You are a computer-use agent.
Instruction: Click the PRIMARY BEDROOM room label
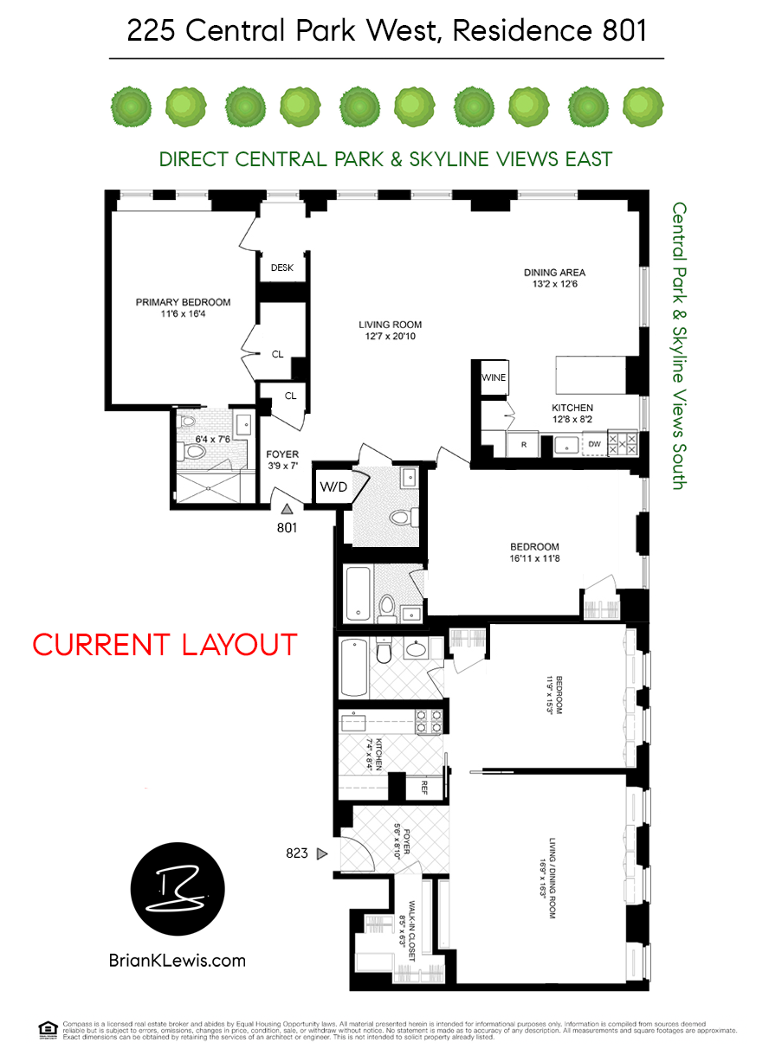coord(183,308)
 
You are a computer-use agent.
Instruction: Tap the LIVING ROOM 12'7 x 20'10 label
coord(390,331)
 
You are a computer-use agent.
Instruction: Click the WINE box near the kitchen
coord(494,377)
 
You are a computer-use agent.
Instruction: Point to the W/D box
coord(333,486)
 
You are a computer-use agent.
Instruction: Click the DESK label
coord(282,268)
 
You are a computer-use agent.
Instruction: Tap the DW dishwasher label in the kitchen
coord(594,445)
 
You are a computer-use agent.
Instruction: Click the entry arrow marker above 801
coord(287,511)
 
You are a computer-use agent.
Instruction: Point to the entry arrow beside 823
coord(322,854)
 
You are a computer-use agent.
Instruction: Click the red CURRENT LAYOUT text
coord(165,645)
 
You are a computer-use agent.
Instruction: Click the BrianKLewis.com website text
coord(178,960)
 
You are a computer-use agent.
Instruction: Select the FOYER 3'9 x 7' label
coord(282,460)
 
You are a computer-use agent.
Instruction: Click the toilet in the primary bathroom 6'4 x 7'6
coord(191,451)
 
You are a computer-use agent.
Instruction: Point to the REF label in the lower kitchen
coord(424,787)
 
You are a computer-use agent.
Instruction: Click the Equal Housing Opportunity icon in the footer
coord(48,1029)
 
